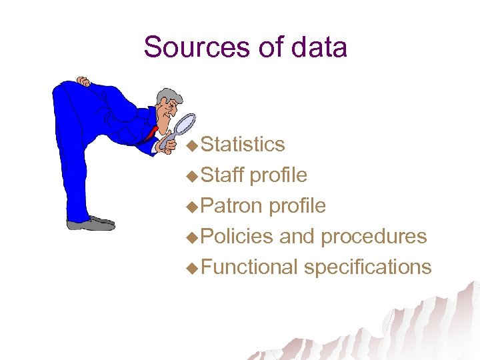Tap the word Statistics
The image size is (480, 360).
[x=243, y=144]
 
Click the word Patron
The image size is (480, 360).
[x=231, y=205]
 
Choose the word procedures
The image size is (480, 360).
[x=373, y=237]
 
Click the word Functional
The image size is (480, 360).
[x=249, y=267]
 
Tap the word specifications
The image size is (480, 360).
[x=367, y=267]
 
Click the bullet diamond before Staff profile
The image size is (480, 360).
[x=192, y=176]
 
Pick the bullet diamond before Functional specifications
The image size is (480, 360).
[x=192, y=268]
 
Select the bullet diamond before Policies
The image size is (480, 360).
[x=192, y=237]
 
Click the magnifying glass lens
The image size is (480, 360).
[x=185, y=123]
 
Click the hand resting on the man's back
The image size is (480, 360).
[x=83, y=82]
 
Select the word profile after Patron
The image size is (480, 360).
[x=297, y=206]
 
